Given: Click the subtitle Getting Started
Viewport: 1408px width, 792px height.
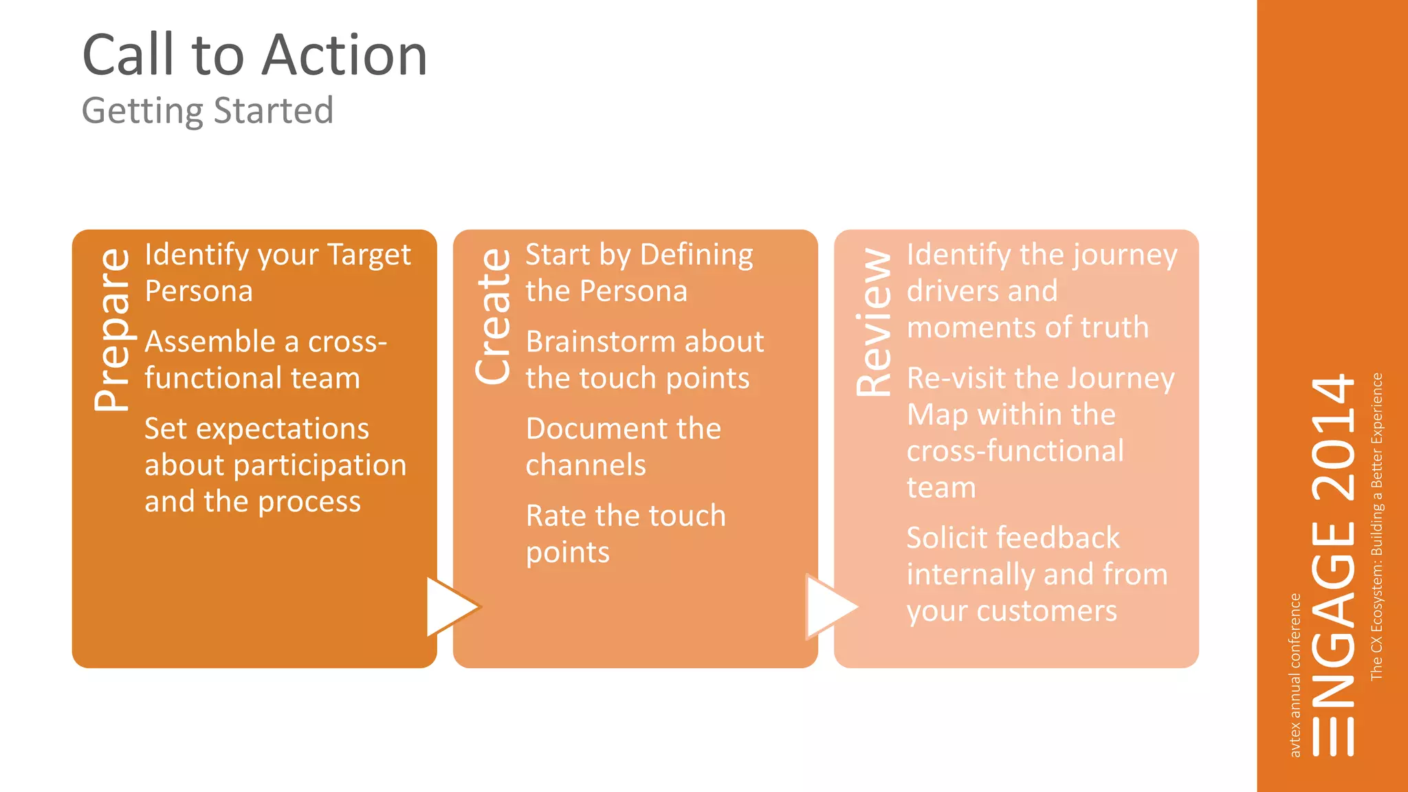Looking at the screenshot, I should (208, 111).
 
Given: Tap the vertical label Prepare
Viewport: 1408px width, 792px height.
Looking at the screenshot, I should (113, 331).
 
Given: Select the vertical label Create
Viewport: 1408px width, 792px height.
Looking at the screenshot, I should (494, 316).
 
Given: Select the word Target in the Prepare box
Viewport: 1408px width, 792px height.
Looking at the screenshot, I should (368, 255).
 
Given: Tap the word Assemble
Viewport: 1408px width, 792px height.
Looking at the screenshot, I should (210, 342).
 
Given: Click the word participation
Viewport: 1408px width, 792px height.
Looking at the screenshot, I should (320, 466).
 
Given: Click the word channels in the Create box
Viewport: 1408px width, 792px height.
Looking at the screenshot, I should (586, 465).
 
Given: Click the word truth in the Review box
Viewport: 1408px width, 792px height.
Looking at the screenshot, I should (1114, 327).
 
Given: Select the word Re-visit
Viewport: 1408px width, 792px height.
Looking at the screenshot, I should (956, 378).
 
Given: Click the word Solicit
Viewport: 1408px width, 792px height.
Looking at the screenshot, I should (945, 538).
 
